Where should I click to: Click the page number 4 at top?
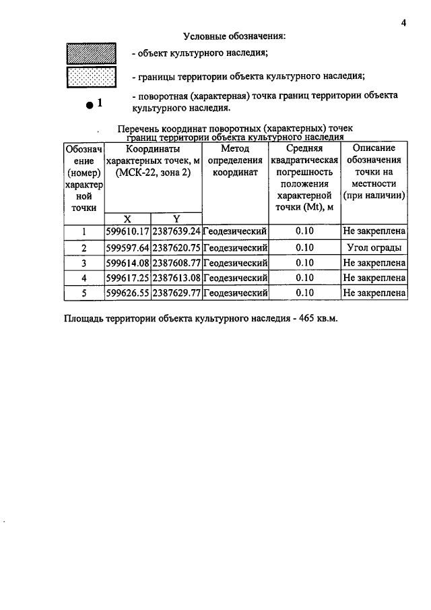(x=403, y=23)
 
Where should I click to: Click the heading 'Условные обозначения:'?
(x=234, y=36)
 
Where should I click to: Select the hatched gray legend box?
(x=91, y=53)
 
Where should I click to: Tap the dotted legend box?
(x=91, y=78)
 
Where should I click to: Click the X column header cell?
(x=127, y=218)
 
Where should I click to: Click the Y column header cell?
(x=176, y=218)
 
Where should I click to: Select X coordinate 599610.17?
(x=127, y=232)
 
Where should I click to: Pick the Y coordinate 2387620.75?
(x=176, y=247)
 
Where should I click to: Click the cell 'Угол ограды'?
(x=374, y=247)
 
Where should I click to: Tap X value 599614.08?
(x=127, y=262)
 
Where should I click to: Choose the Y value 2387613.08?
(x=176, y=278)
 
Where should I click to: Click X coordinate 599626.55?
(x=127, y=293)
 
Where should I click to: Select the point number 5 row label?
(x=84, y=293)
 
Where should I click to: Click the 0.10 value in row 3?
(x=304, y=262)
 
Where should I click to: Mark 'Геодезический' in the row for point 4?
(x=235, y=278)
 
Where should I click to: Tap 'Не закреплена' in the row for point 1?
(x=374, y=232)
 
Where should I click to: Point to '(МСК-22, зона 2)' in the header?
(x=153, y=173)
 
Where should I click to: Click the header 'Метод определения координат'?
(x=235, y=160)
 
